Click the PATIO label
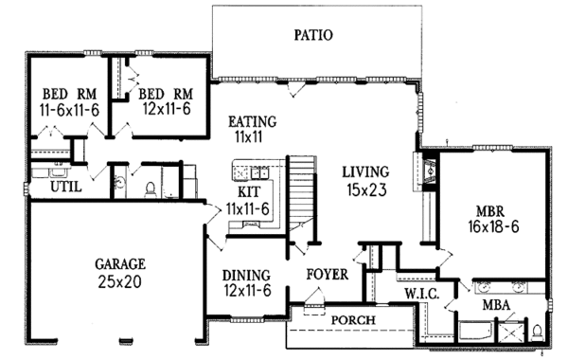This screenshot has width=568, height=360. pyautogui.click(x=313, y=35)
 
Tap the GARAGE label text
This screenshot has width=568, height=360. pyautogui.click(x=120, y=264)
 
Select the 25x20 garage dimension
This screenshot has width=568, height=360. pyautogui.click(x=119, y=281)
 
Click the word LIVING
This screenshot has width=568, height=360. pyautogui.click(x=365, y=171)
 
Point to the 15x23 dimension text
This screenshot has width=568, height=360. pyautogui.click(x=366, y=189)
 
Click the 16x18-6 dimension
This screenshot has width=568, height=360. pyautogui.click(x=493, y=227)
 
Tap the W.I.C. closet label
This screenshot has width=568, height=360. pyautogui.click(x=422, y=294)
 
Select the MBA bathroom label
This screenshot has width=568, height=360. pyautogui.click(x=496, y=305)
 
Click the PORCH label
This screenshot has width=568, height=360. pyautogui.click(x=353, y=320)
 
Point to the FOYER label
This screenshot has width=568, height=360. pyautogui.click(x=328, y=275)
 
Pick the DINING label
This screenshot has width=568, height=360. pyautogui.click(x=246, y=275)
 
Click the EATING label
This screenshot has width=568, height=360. pyautogui.click(x=252, y=121)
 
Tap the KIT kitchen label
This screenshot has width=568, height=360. pyautogui.click(x=249, y=191)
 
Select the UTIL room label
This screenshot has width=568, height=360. pyautogui.click(x=66, y=187)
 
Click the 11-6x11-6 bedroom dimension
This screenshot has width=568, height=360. pyautogui.click(x=69, y=110)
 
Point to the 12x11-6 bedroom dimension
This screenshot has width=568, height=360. pyautogui.click(x=167, y=109)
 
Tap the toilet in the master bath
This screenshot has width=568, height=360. pyautogui.click(x=538, y=333)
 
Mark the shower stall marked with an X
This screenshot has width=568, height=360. pyautogui.click(x=511, y=332)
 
